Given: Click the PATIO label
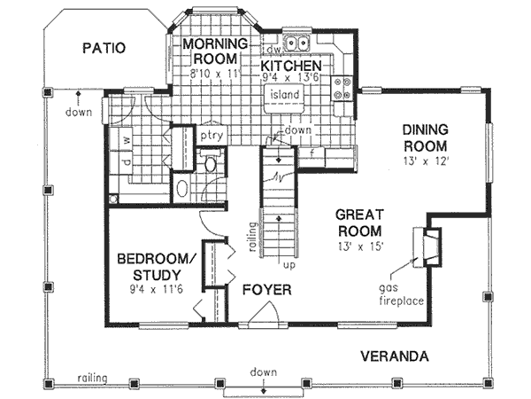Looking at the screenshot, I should tap(104, 48).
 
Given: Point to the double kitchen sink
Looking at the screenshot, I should tap(296, 42).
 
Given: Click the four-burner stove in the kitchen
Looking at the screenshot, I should tap(344, 88).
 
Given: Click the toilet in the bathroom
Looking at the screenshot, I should tap(211, 164).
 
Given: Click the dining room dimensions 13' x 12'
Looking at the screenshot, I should tap(424, 162).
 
